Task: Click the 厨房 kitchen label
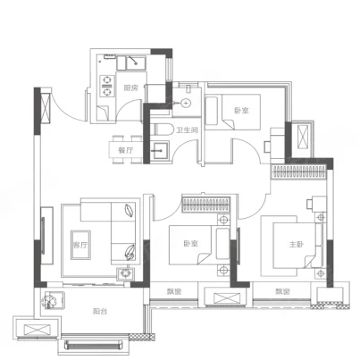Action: tap(131, 88)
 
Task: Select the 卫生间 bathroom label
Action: tap(187, 130)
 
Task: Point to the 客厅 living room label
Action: tap(80, 245)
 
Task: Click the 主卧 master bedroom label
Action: tap(297, 245)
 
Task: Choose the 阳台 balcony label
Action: tap(100, 312)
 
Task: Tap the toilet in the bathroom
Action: tap(163, 130)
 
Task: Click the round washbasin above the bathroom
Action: tap(186, 103)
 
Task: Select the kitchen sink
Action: tap(136, 63)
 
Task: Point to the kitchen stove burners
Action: tap(107, 86)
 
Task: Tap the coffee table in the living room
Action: tap(80, 245)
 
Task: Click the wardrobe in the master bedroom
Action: tap(298, 172)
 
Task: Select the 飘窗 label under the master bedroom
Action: tap(282, 292)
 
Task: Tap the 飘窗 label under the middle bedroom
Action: tap(174, 292)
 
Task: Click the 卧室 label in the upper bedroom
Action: tap(241, 111)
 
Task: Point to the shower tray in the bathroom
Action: tap(160, 151)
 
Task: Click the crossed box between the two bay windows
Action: tap(227, 298)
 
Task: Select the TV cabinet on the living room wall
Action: tap(46, 236)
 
